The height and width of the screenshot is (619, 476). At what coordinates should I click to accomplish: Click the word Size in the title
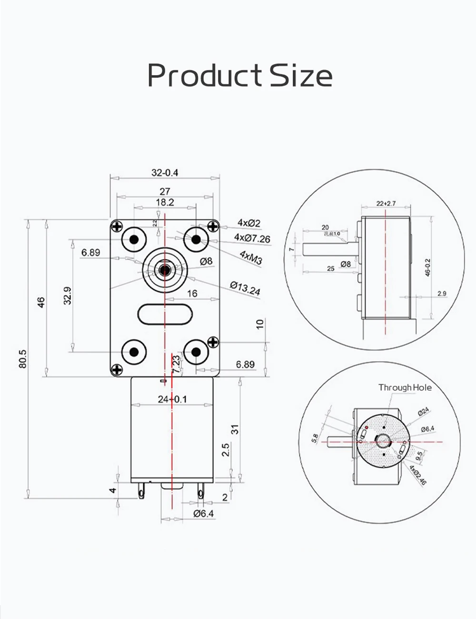tap(301, 75)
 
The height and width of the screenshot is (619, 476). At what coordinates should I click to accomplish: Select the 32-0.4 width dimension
tap(165, 172)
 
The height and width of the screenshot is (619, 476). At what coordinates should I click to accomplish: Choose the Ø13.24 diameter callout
tap(245, 288)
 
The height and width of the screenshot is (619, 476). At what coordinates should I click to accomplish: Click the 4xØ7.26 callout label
tap(252, 238)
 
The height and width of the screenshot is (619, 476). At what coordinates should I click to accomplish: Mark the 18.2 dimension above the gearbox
tap(165, 202)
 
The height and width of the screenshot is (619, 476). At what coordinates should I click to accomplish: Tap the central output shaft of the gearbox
tap(165, 270)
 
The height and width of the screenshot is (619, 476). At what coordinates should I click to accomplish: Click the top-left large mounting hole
tap(134, 238)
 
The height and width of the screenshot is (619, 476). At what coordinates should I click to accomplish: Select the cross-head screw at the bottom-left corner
tap(116, 369)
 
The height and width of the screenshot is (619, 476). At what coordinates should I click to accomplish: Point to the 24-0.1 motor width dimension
tap(172, 399)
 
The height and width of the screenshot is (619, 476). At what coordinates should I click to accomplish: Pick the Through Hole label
tap(405, 387)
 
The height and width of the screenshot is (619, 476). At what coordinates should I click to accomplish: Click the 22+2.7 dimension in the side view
tap(386, 204)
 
